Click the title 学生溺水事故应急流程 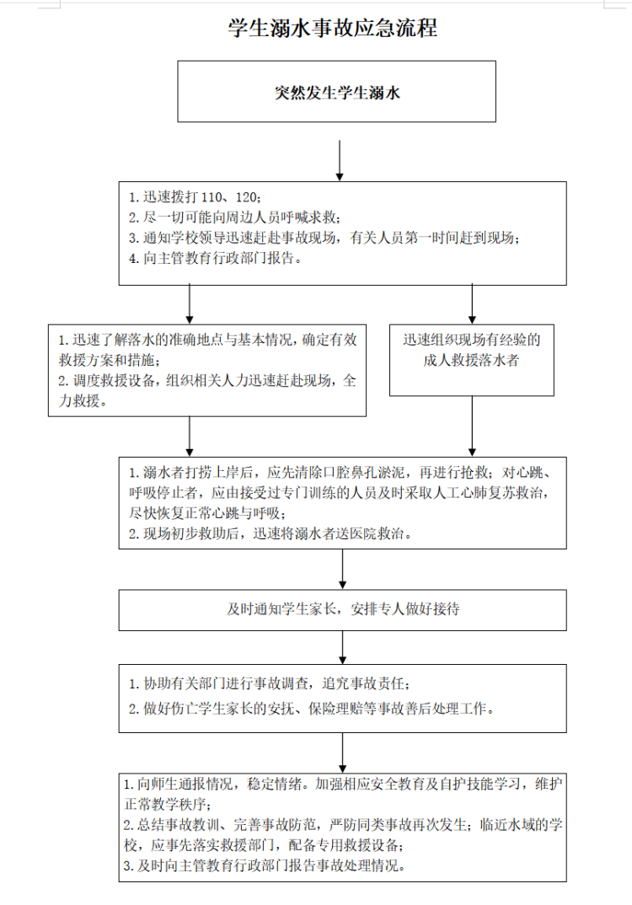[x=333, y=28]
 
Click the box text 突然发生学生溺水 [x=337, y=93]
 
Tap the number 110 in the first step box [x=212, y=197]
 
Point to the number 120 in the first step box [x=246, y=197]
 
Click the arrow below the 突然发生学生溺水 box [x=340, y=160]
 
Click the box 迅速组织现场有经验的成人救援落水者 [x=472, y=360]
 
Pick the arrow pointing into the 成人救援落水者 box [x=472, y=303]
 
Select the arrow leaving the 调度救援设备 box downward [x=190, y=436]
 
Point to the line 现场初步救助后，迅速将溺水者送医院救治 [x=270, y=534]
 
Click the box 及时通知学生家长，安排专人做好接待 [x=342, y=610]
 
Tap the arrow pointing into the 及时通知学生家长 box [x=343, y=569]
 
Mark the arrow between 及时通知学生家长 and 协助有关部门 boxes [x=343, y=647]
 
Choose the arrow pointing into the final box [x=343, y=752]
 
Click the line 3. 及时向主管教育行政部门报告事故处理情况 [x=265, y=865]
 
